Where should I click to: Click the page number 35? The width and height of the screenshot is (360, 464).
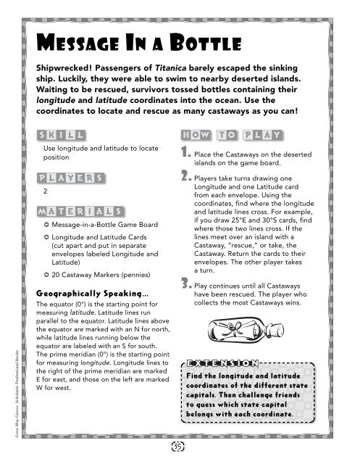[x=179, y=444]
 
